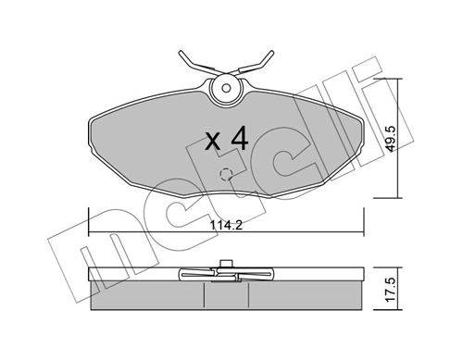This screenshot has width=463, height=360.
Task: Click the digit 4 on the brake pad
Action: [239, 139]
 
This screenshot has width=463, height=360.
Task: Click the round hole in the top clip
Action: [224, 89]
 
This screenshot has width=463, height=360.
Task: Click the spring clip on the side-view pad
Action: [225, 275]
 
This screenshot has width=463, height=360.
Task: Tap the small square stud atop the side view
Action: [225, 265]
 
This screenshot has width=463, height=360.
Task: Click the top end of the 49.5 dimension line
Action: [399, 80]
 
